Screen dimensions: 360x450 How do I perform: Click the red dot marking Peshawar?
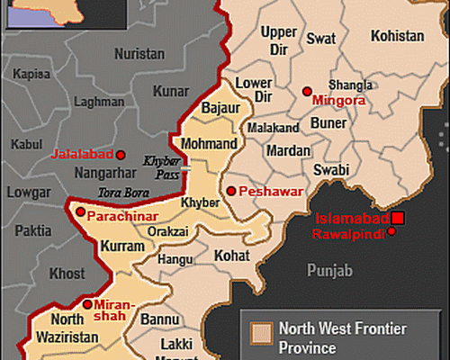(x=230, y=191)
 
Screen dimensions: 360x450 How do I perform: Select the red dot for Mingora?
(x=307, y=91)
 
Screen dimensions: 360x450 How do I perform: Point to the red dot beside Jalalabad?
(x=121, y=153)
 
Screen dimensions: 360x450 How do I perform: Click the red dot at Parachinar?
(x=80, y=213)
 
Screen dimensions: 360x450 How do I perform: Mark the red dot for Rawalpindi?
(x=392, y=233)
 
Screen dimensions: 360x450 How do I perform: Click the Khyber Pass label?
(x=163, y=166)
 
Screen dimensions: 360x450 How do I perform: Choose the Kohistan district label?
(x=396, y=36)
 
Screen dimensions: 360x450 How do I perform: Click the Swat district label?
(x=321, y=39)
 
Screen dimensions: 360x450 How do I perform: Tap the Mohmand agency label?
(x=209, y=144)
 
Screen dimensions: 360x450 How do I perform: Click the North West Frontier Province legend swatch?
(x=261, y=333)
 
